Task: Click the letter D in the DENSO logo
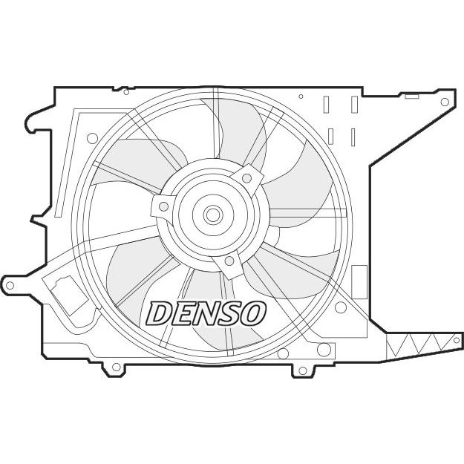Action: tap(158, 313)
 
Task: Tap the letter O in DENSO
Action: tap(252, 313)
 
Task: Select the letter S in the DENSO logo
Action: tap(228, 313)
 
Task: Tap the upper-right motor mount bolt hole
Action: tap(246, 178)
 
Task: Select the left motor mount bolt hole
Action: tap(163, 206)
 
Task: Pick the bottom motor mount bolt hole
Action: tap(229, 261)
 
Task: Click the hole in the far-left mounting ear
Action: tap(10, 286)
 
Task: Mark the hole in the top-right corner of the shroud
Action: tap(445, 102)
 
